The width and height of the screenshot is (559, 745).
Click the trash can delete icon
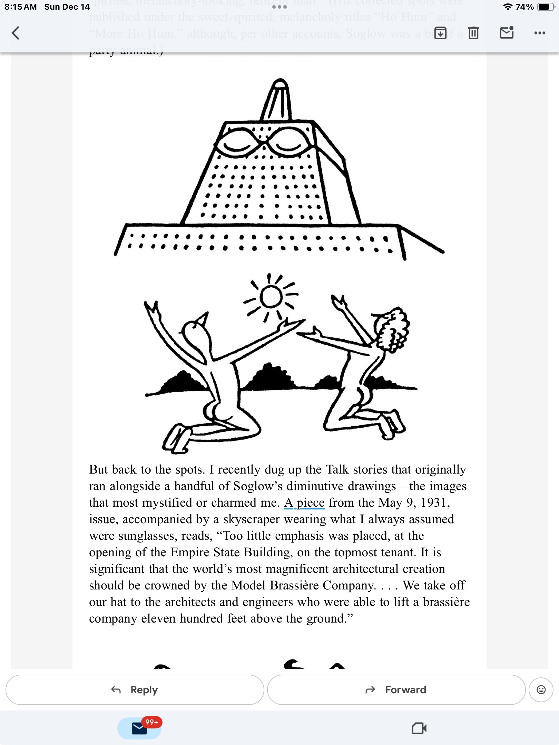[473, 33]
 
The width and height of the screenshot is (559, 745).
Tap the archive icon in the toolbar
[440, 33]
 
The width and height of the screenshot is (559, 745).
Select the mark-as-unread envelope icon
[507, 33]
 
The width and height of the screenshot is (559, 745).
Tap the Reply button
[135, 690]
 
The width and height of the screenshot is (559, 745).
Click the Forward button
[396, 690]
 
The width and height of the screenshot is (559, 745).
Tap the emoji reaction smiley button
[541, 690]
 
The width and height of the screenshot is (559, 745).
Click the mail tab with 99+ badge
[140, 728]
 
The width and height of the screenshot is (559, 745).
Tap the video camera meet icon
[419, 728]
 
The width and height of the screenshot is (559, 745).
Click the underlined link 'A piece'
[304, 503]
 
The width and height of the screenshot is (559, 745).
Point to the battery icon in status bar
[546, 7]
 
